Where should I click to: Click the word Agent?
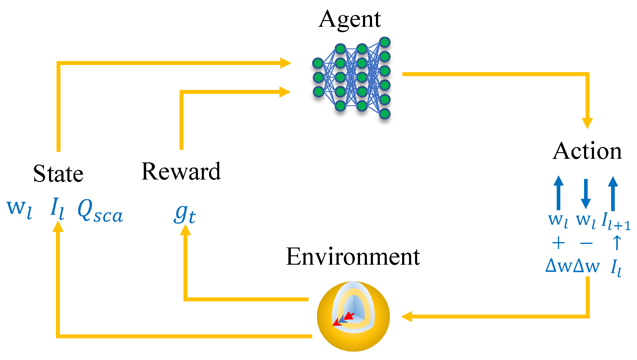(350, 20)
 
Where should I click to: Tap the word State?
(58, 174)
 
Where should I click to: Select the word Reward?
(181, 171)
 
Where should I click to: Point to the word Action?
(587, 151)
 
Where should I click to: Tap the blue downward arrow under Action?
(586, 194)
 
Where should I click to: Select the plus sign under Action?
(559, 243)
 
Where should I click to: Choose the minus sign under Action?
(586, 243)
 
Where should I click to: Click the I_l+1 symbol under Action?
(616, 221)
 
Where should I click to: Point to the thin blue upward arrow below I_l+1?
(617, 243)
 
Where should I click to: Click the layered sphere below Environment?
(353, 316)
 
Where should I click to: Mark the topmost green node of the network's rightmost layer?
(385, 42)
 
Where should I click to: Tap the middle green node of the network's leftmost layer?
(318, 77)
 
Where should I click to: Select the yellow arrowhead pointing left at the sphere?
(407, 316)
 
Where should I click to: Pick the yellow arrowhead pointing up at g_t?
(185, 230)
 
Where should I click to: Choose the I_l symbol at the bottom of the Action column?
(616, 267)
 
